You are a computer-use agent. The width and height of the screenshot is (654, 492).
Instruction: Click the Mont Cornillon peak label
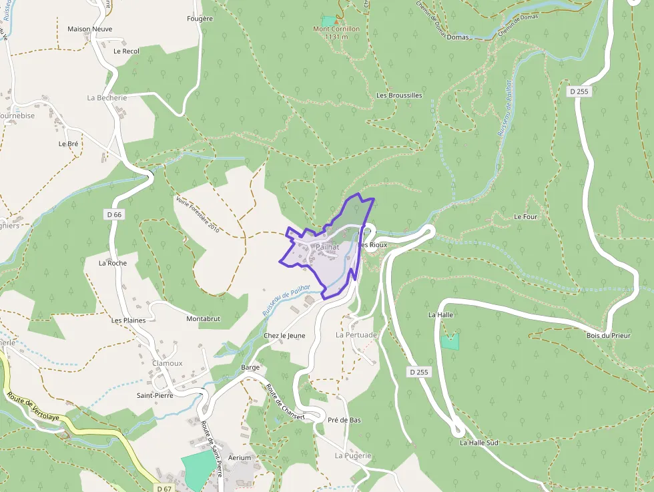pos(336,29)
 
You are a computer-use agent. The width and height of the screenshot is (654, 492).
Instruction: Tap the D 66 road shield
pos(113,214)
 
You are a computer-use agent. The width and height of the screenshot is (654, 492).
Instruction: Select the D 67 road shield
pos(164,489)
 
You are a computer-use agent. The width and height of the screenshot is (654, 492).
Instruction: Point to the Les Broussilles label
pos(399,95)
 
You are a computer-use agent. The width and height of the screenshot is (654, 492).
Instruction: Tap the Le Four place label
pos(526,217)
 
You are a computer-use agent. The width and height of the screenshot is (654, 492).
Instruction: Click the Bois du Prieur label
pos(608,336)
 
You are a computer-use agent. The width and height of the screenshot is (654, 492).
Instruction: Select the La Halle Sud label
pos(478,443)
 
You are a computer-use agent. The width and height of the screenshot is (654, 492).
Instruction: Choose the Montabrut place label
pos(203,319)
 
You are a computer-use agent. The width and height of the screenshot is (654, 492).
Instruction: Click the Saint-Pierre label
pos(155,395)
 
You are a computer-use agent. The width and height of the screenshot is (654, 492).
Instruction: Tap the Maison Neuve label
pos(89,29)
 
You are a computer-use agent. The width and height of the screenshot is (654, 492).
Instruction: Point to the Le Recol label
pos(126,51)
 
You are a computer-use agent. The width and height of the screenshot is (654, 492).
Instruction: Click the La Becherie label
pos(107,97)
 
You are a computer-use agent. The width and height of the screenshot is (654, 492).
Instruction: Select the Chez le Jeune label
pos(284,335)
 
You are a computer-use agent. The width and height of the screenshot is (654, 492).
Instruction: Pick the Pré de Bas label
pos(344,420)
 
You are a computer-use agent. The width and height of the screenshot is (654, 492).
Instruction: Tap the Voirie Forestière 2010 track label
pos(198,214)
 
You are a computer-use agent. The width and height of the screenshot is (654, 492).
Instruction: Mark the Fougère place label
pos(200,19)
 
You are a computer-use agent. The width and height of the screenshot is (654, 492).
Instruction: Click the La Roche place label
pos(112,263)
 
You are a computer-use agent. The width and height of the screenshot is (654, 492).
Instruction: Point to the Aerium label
pos(240,458)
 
